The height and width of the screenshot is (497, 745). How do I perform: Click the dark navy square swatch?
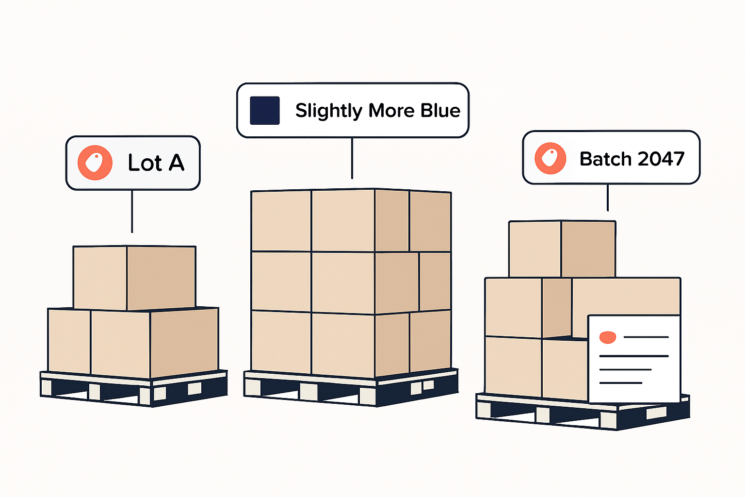[x=264, y=111]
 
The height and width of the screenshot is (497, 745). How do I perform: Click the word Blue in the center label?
[x=440, y=111]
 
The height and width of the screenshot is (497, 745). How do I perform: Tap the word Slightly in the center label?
[x=328, y=111]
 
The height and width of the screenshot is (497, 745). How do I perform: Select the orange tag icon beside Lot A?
[x=95, y=163]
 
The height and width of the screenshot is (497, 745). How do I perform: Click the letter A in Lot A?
[x=177, y=163]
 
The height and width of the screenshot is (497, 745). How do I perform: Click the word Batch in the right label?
[x=605, y=159]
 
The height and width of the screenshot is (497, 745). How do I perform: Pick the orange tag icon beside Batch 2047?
[x=550, y=158]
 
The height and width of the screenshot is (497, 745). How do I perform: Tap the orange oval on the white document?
[x=608, y=337]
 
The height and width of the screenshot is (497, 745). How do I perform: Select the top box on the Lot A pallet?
[x=134, y=277]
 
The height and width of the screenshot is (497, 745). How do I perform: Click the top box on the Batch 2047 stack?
[x=562, y=249]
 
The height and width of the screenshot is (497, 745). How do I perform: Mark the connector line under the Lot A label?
[x=132, y=211]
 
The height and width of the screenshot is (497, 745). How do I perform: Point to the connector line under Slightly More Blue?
[x=352, y=158]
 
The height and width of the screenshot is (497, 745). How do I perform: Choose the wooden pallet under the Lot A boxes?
[x=133, y=389]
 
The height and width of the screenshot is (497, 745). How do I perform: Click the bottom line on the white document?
[x=621, y=383]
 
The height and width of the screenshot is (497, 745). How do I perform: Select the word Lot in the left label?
[x=144, y=163]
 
